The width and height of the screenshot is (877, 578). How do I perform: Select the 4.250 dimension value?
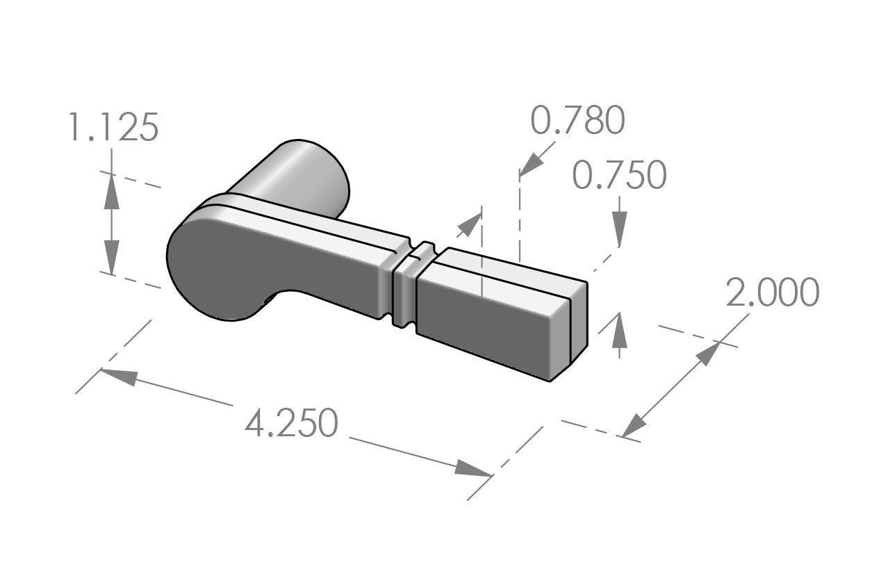[x=291, y=423]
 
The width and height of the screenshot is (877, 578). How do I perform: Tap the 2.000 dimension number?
[x=772, y=292]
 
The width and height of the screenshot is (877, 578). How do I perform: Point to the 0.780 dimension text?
[x=577, y=121]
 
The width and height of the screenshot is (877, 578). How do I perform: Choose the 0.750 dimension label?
[x=619, y=175]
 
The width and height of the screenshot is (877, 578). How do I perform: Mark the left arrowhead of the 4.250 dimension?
[x=119, y=376]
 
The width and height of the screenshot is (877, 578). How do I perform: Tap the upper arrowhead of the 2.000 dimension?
[x=710, y=353]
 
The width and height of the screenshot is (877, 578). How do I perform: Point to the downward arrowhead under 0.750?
[x=619, y=226]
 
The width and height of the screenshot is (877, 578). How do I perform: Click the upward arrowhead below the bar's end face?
[x=619, y=331]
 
